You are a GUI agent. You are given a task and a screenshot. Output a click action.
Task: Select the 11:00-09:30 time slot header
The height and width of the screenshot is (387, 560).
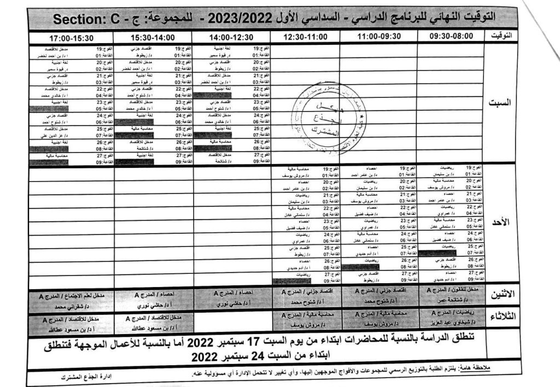pyautogui.click(x=378, y=36)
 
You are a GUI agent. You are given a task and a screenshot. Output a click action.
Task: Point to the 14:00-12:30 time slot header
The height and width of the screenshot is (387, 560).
pyautogui.click(x=231, y=37)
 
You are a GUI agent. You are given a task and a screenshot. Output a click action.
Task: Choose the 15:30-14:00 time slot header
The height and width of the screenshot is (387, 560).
pyautogui.click(x=153, y=37)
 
